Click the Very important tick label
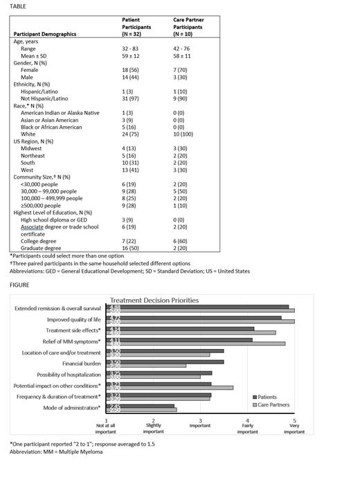coord(294,427)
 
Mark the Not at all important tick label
coord(106,427)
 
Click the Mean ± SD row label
coord(37,57)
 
